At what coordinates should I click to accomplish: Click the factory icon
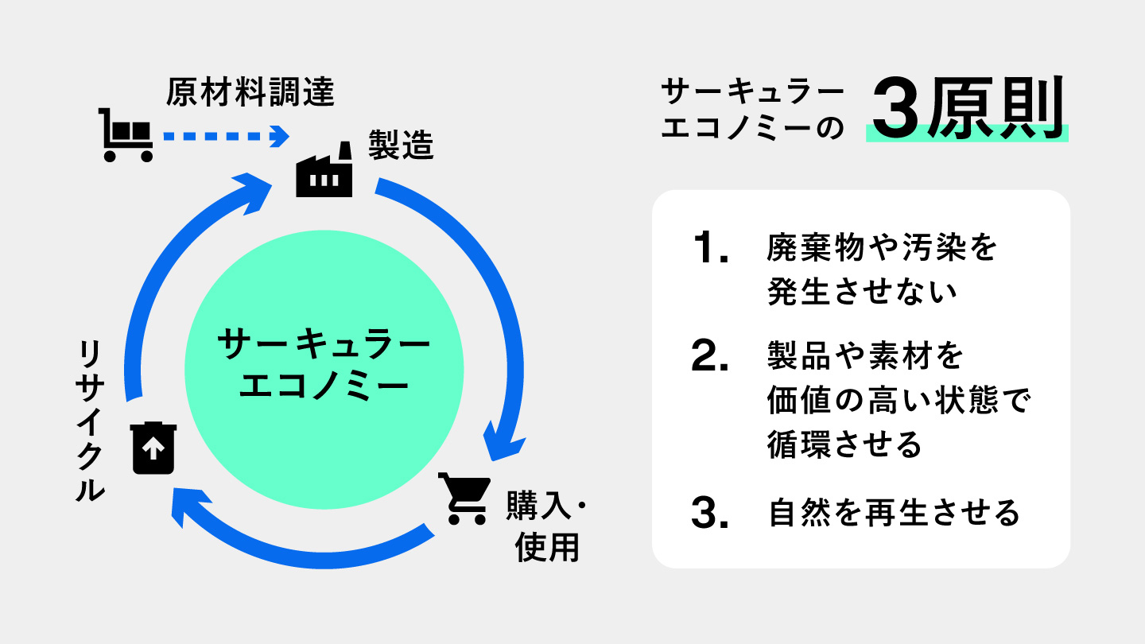[x=324, y=172]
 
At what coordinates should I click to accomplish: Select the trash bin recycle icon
[x=153, y=448]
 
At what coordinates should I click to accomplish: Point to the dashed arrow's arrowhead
[x=279, y=136]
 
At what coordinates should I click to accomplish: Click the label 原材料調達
[x=250, y=93]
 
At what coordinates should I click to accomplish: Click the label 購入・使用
[x=549, y=527]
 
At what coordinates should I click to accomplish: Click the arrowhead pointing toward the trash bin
[x=191, y=508]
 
